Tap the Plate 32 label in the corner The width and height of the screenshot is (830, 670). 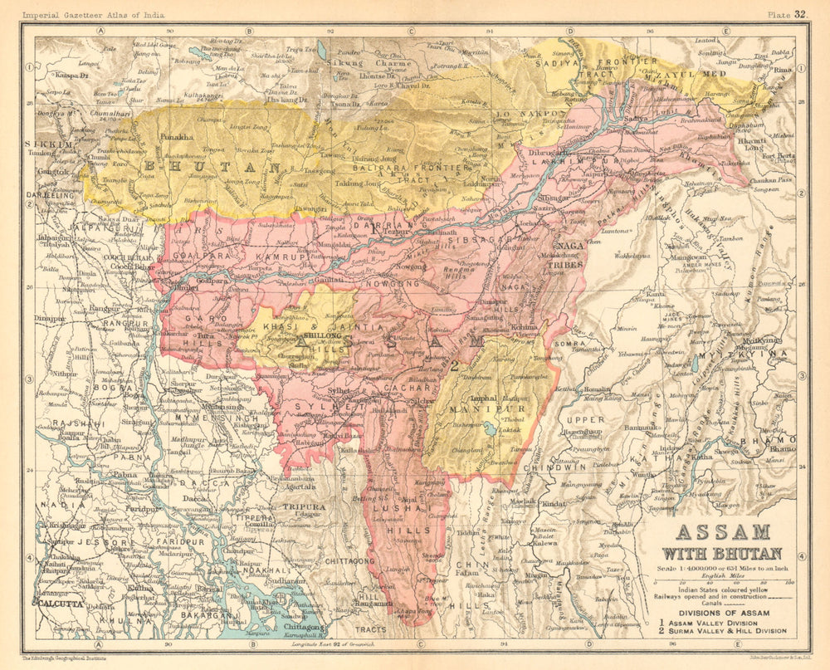pos(788,14)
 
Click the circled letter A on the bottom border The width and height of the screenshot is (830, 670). pos(97,643)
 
